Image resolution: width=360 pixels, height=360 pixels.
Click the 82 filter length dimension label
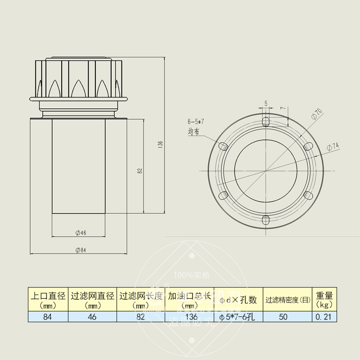click(140, 171)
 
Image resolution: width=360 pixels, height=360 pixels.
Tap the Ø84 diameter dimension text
click(81, 250)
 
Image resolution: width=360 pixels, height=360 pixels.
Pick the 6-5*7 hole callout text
click(196, 121)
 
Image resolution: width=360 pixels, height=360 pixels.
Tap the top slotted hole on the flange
click(265, 121)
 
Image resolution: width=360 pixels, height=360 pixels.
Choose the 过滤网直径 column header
click(93, 299)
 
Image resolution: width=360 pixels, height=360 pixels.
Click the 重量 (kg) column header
click(324, 299)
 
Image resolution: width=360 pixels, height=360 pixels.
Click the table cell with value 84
click(48, 316)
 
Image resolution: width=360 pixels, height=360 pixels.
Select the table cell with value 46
click(92, 316)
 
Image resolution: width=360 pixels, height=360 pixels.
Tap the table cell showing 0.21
click(324, 316)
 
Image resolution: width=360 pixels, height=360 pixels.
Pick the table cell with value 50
click(283, 316)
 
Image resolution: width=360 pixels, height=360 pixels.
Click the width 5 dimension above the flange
click(265, 103)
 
